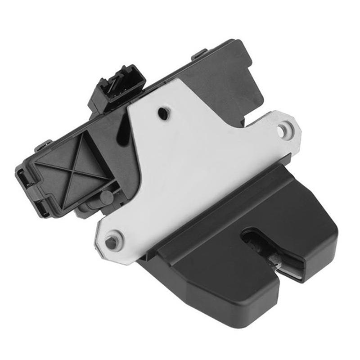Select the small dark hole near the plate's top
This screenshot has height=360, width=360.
(164, 114)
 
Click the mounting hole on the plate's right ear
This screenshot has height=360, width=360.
(282, 130)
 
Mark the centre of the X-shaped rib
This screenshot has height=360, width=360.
(72, 169)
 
